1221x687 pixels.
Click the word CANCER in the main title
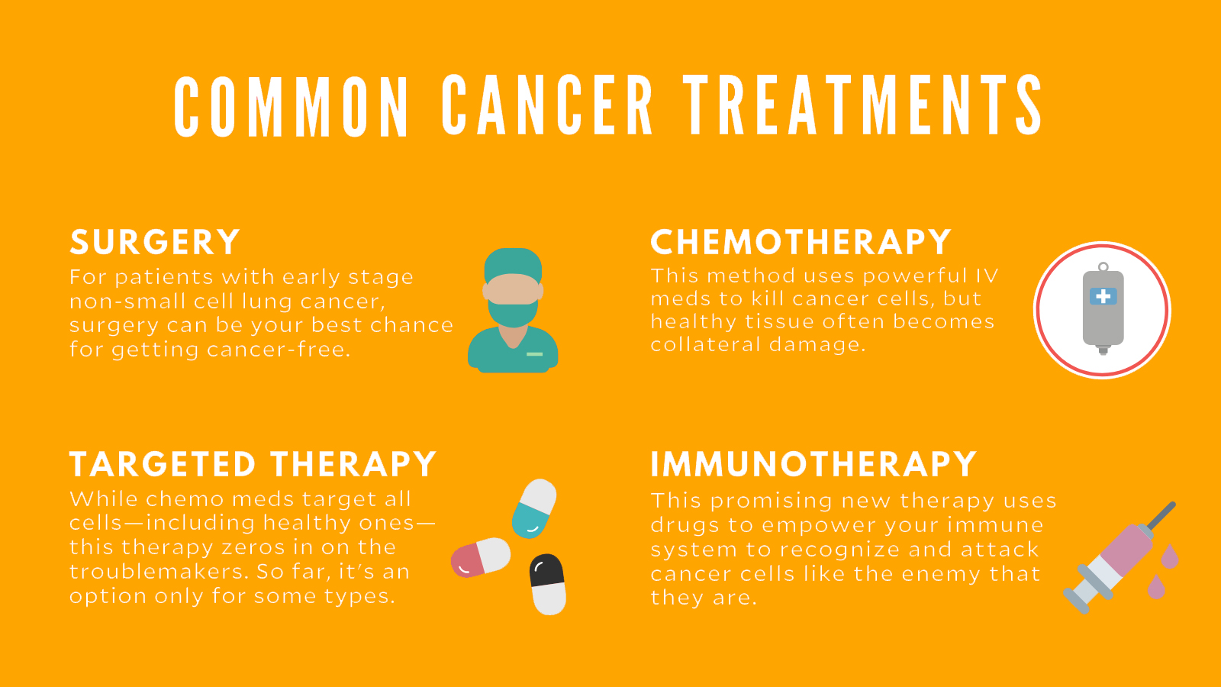pyautogui.click(x=547, y=105)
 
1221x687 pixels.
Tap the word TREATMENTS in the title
pyautogui.click(x=862, y=105)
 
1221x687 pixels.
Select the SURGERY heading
pyautogui.click(x=155, y=242)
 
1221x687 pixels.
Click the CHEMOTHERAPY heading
pyautogui.click(x=801, y=241)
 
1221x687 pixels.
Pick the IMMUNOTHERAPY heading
pyautogui.click(x=813, y=464)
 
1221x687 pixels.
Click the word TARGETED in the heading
pyautogui.click(x=163, y=464)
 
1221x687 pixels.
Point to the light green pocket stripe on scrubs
pyautogui.click(x=534, y=354)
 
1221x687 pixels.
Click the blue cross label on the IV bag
pyautogui.click(x=1103, y=296)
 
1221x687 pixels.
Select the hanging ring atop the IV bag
pyautogui.click(x=1103, y=267)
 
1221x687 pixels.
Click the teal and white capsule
pyautogui.click(x=534, y=508)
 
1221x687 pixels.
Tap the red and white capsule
pyautogui.click(x=481, y=557)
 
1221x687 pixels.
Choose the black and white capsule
pyautogui.click(x=547, y=584)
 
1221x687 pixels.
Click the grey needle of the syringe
pyautogui.click(x=1161, y=515)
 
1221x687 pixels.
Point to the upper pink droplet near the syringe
pyautogui.click(x=1170, y=556)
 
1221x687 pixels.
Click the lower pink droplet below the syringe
pyautogui.click(x=1156, y=586)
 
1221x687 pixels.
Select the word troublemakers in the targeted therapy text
pyautogui.click(x=157, y=572)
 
